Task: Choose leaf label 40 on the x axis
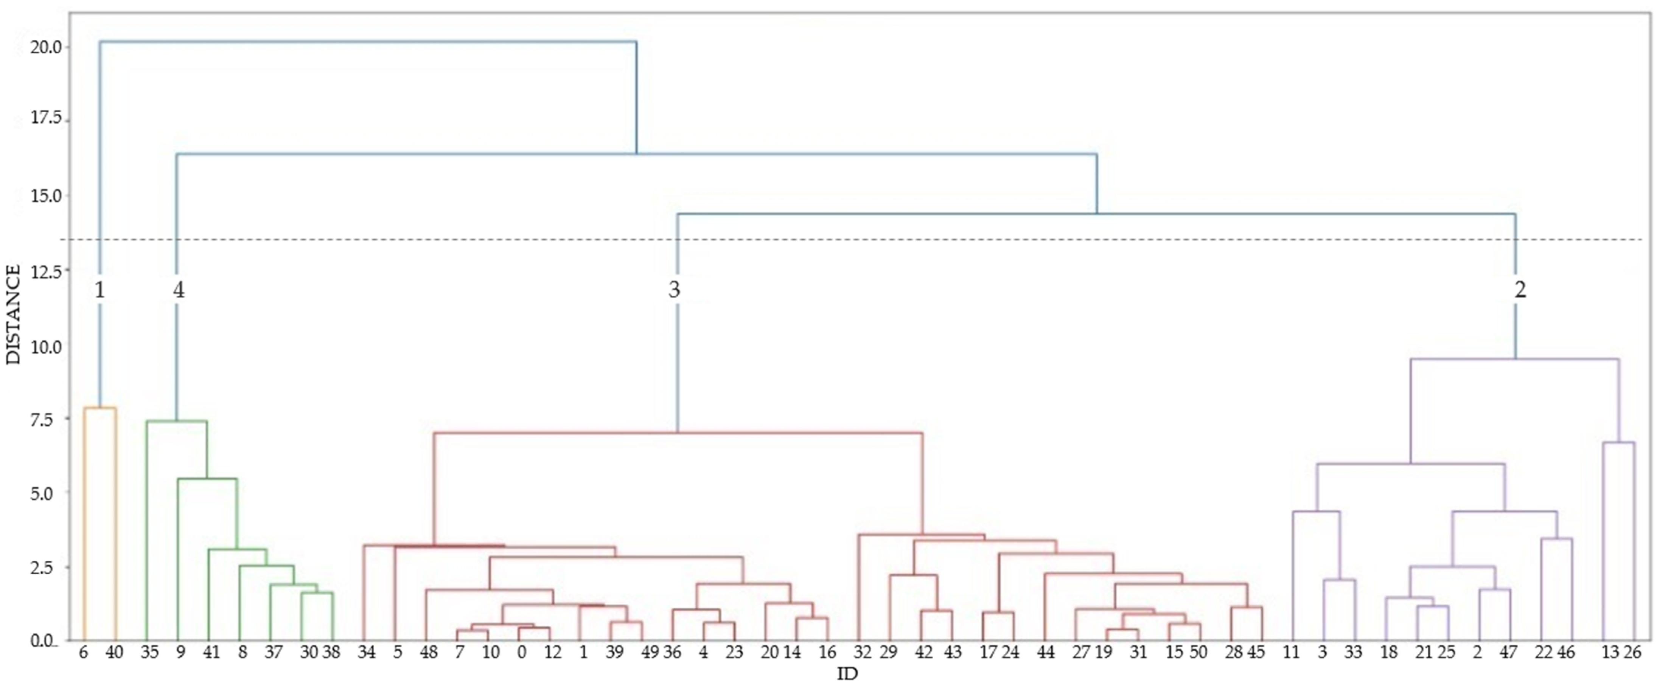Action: point(115,653)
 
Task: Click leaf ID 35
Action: point(149,653)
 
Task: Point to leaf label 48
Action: point(428,653)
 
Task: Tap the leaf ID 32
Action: point(863,653)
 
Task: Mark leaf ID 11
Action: point(1291,653)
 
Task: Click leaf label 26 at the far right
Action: point(1632,653)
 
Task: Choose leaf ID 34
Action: point(366,653)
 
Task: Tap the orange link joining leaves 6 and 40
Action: point(100,408)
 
